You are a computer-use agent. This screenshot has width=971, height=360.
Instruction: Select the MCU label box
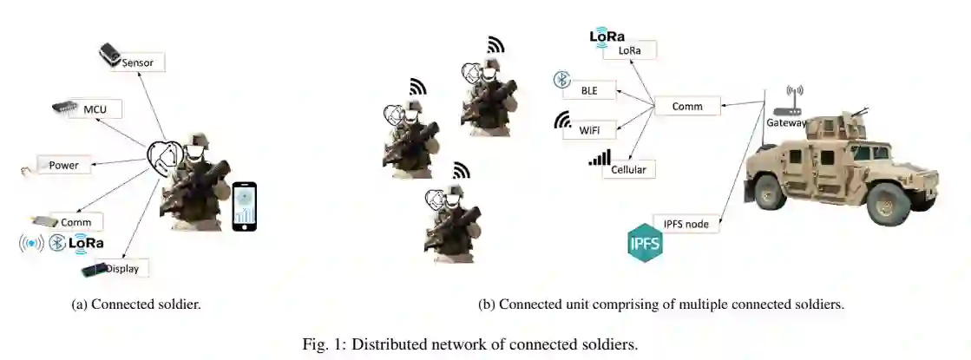(x=97, y=109)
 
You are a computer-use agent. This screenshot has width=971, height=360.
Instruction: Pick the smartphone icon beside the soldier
(x=246, y=206)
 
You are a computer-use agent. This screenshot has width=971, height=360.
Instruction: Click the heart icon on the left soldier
(x=165, y=157)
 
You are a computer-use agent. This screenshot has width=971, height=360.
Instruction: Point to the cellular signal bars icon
(x=600, y=157)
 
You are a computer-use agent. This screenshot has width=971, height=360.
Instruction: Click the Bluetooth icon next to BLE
(x=561, y=81)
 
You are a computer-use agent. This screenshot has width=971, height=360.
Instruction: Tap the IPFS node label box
(x=686, y=224)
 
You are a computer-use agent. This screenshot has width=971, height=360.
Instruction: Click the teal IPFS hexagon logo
(x=645, y=242)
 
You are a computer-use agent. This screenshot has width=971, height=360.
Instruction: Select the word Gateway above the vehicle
(x=786, y=124)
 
